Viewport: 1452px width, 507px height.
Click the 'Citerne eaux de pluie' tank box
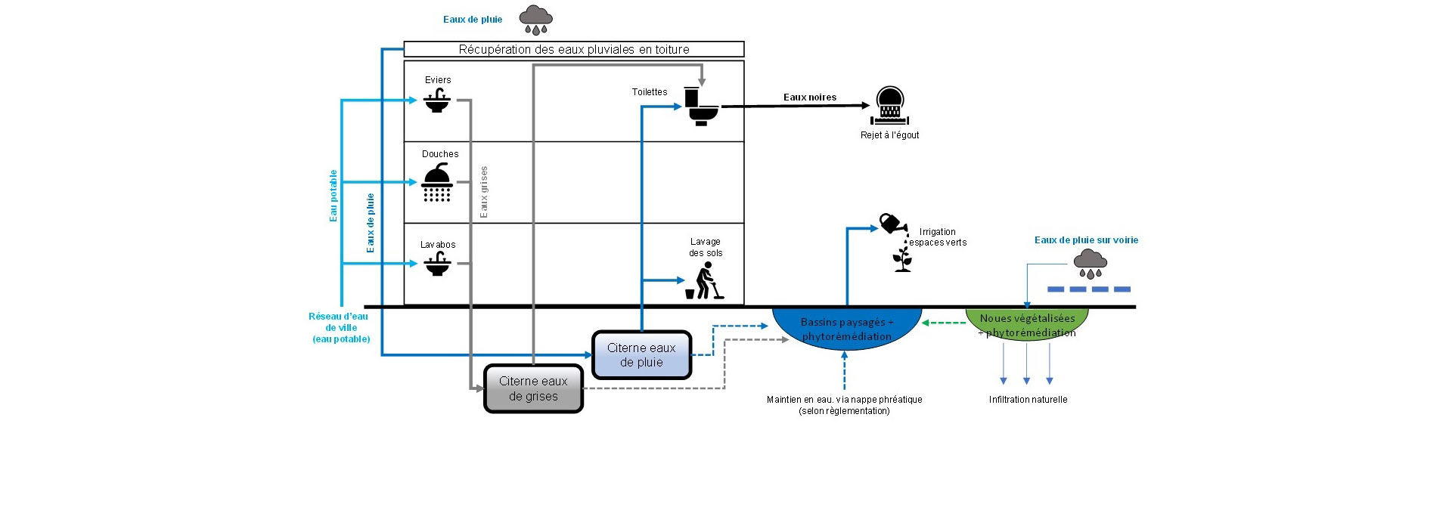point(641,355)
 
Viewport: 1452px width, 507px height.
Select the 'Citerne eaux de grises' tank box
point(533,389)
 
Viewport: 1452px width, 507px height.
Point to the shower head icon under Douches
point(437,183)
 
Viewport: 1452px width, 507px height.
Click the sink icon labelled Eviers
point(437,100)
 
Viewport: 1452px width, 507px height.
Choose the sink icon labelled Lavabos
point(437,264)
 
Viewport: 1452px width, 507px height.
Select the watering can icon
point(892,224)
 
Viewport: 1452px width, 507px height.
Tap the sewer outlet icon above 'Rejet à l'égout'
point(890,107)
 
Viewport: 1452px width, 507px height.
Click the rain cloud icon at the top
point(535,19)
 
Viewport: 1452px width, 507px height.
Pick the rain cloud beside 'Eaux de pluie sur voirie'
point(1090,264)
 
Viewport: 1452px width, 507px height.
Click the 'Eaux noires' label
point(809,97)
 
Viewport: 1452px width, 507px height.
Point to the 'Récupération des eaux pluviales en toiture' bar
point(574,50)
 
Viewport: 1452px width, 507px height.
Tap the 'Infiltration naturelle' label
point(1028,400)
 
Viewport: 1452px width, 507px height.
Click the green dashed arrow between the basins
point(944,323)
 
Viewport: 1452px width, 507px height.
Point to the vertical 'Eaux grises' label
point(484,193)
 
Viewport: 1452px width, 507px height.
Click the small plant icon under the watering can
point(902,259)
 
